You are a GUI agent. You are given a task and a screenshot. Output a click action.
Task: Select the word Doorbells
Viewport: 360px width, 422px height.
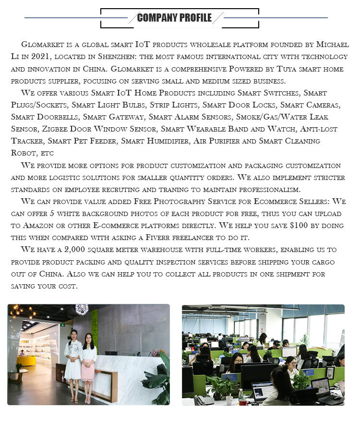58,117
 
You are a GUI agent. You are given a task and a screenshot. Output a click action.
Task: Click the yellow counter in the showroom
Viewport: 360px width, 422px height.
26,360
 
